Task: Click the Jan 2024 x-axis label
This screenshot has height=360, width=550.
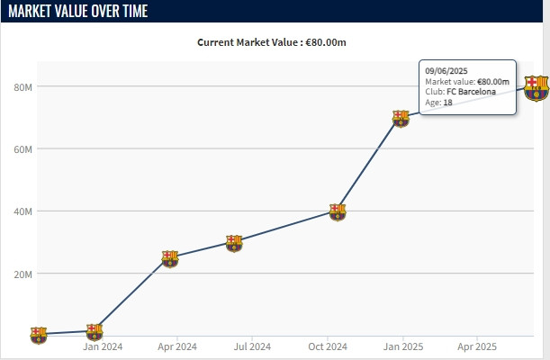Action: coord(103,346)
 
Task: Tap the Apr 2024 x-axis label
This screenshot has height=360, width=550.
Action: coord(177,346)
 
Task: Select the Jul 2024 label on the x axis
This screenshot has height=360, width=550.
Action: coord(252,346)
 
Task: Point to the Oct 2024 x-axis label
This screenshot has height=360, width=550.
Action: coord(328,346)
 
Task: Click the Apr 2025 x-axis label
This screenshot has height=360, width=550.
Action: coord(477,346)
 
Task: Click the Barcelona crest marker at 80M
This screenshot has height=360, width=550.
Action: coord(536,88)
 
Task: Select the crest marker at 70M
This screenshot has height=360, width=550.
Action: coord(401,118)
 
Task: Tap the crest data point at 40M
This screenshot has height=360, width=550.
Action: coord(337,211)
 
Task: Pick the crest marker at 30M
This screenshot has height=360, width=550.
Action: coord(234,243)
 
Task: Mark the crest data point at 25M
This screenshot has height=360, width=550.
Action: coord(169,258)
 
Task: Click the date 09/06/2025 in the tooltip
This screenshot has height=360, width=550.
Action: coord(446,71)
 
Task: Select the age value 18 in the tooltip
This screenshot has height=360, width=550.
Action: coord(447,103)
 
